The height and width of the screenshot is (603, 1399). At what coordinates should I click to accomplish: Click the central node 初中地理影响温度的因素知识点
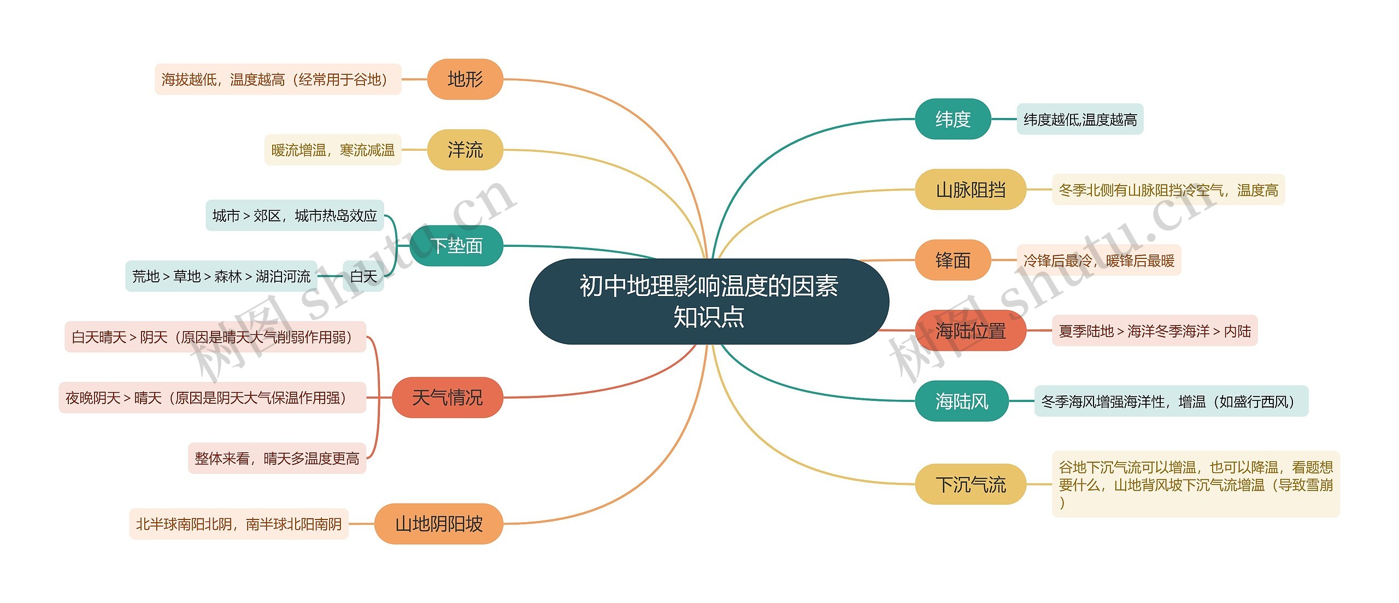click(709, 301)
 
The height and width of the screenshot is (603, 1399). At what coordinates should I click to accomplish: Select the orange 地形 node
click(465, 79)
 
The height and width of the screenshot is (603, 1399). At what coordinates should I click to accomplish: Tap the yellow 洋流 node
click(465, 150)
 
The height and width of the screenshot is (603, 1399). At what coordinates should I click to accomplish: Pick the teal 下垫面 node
click(456, 246)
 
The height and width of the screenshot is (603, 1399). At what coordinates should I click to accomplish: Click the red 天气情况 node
click(447, 398)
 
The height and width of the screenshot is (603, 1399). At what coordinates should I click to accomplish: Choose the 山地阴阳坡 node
click(439, 524)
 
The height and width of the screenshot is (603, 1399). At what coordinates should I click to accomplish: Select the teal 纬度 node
click(953, 119)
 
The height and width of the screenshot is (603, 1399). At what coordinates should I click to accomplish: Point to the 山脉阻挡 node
click(971, 190)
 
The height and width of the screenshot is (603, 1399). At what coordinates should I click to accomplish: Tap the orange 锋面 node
click(953, 260)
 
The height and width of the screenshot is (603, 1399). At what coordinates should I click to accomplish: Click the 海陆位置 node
click(971, 330)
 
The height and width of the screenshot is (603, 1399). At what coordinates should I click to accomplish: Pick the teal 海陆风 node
click(962, 401)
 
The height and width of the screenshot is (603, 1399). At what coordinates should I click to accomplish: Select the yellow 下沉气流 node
click(971, 484)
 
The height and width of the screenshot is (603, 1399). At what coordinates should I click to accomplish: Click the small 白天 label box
click(363, 276)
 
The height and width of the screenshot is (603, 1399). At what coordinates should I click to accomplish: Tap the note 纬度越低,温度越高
click(1080, 119)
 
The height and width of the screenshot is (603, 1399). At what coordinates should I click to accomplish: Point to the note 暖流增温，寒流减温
click(333, 150)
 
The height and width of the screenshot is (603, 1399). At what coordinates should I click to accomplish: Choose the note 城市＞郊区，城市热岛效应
click(295, 216)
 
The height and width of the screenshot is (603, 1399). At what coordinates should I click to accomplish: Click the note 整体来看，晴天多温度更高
click(277, 458)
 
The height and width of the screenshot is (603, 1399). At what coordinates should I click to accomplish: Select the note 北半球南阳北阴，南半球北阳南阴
click(239, 524)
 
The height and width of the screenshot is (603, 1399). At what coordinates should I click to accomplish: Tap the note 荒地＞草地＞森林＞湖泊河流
click(221, 276)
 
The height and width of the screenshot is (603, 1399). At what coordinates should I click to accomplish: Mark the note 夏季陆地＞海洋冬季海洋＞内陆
click(1155, 330)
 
